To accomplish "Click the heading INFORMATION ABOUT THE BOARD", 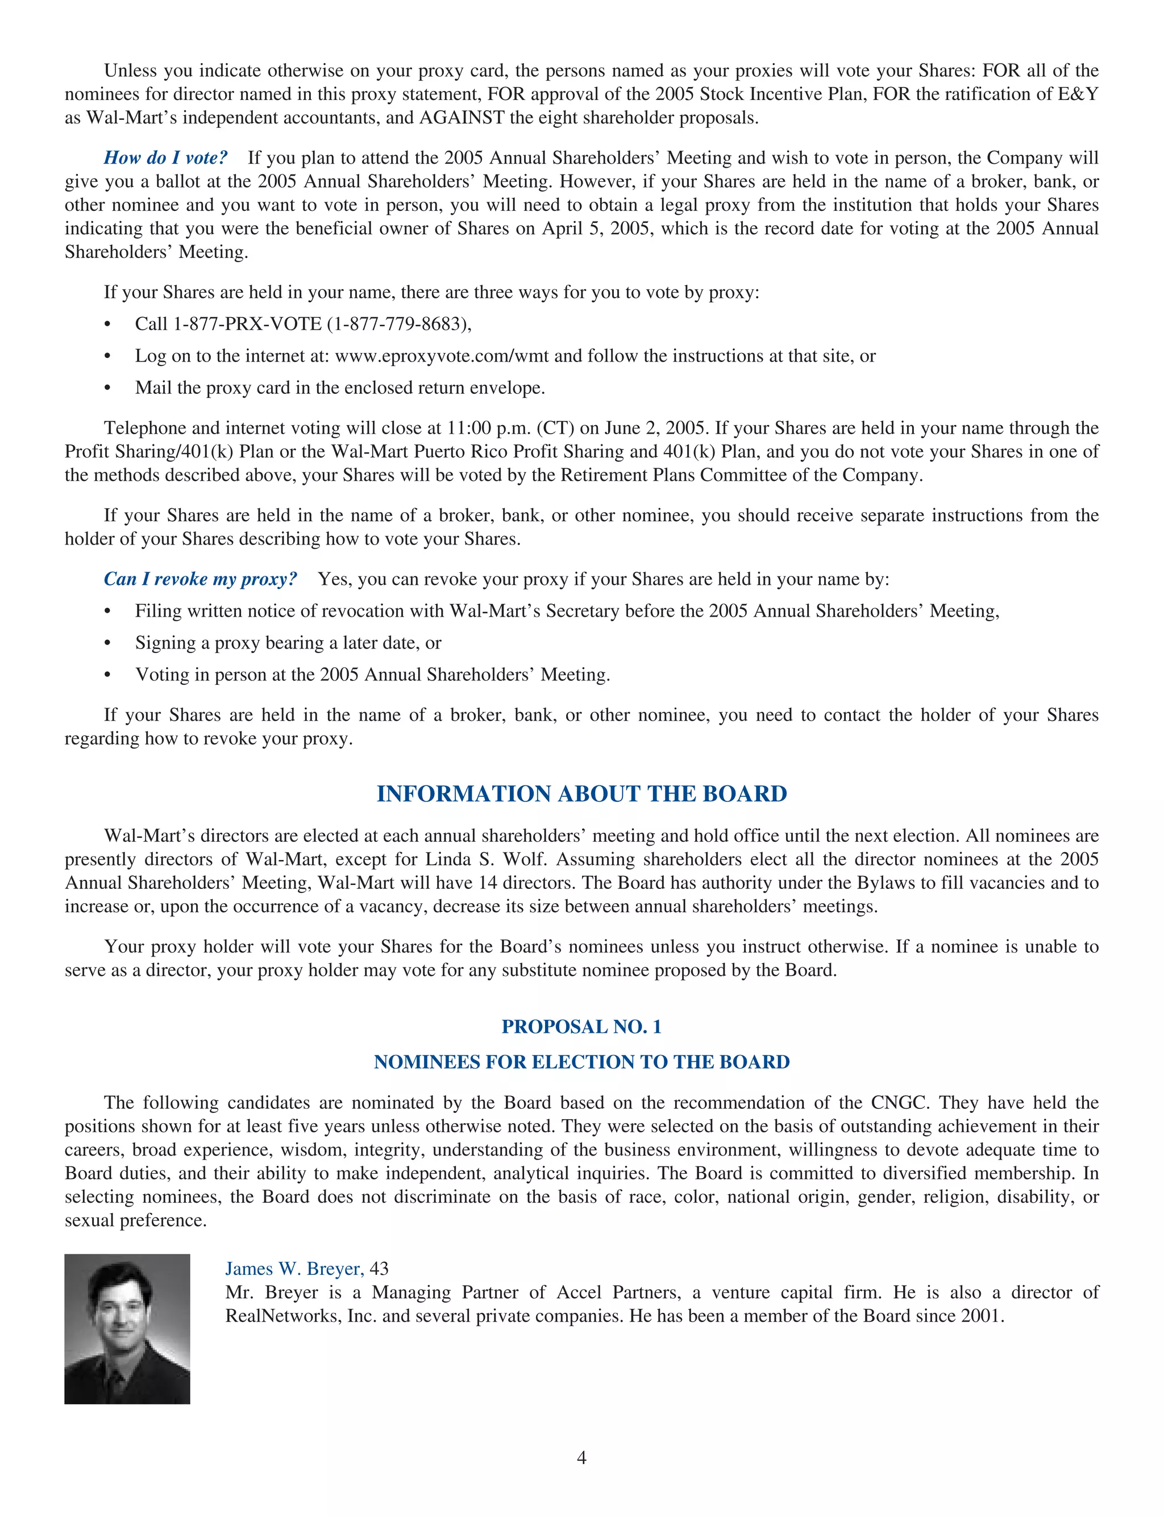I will click(581, 794).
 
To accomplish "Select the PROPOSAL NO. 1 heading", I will click(581, 1026).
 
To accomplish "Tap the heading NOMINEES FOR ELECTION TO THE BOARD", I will click(581, 1062).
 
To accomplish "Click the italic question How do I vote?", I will click(165, 158).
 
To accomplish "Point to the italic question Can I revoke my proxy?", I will click(200, 579).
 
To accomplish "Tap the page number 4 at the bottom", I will click(581, 1458).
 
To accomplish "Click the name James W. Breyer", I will click(294, 1268).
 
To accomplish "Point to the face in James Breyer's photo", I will click(122, 1309).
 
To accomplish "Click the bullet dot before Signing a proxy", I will click(107, 643).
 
